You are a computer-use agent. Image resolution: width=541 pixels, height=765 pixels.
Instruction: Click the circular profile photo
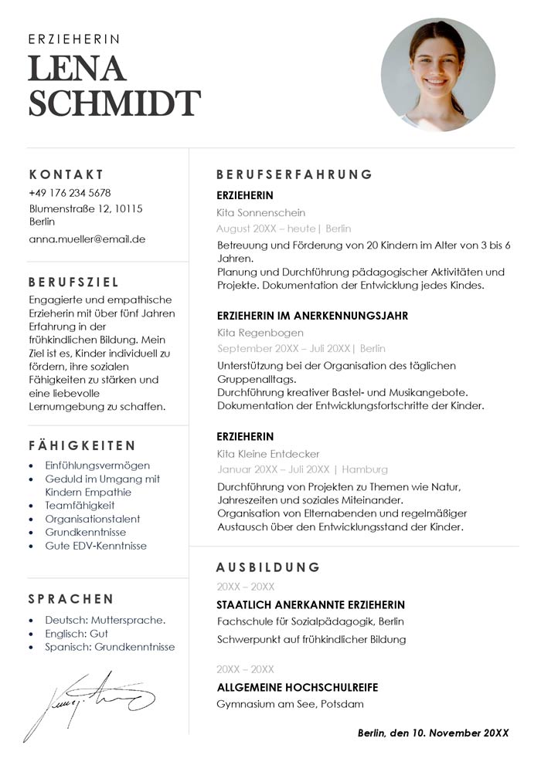[437, 75]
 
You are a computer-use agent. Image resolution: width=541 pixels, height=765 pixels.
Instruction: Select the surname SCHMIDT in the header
[114, 103]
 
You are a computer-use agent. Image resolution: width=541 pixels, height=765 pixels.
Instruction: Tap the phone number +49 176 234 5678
[70, 193]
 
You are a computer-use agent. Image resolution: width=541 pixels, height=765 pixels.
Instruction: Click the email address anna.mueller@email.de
[87, 239]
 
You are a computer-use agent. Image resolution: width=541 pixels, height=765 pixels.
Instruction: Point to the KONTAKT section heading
[66, 174]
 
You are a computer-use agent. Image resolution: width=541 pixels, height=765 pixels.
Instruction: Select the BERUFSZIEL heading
[74, 283]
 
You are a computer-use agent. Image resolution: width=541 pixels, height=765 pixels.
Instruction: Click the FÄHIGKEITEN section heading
[83, 446]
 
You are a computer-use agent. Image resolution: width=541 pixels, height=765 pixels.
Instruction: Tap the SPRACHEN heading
[71, 599]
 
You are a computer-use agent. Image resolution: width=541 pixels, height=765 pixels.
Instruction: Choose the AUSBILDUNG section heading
[268, 567]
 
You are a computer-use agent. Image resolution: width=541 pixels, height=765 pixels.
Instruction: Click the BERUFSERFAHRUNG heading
[294, 174]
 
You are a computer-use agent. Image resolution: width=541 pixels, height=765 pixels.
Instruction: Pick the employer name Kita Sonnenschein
[261, 212]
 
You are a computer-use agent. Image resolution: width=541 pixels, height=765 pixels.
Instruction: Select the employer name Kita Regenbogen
[260, 333]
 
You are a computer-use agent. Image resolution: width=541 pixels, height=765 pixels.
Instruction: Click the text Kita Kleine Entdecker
[268, 454]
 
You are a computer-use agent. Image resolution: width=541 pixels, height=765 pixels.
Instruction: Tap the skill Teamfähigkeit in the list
[80, 506]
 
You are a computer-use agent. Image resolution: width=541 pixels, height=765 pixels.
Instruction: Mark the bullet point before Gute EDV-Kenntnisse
[30, 546]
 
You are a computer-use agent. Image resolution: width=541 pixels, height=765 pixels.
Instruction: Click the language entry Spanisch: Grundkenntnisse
[110, 647]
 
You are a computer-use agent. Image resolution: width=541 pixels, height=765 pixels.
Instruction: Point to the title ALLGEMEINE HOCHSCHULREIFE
[298, 687]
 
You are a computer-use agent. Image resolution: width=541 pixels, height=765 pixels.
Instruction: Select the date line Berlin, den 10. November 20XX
[433, 733]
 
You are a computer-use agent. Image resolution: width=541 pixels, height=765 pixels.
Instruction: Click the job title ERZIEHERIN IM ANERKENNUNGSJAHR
[312, 316]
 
